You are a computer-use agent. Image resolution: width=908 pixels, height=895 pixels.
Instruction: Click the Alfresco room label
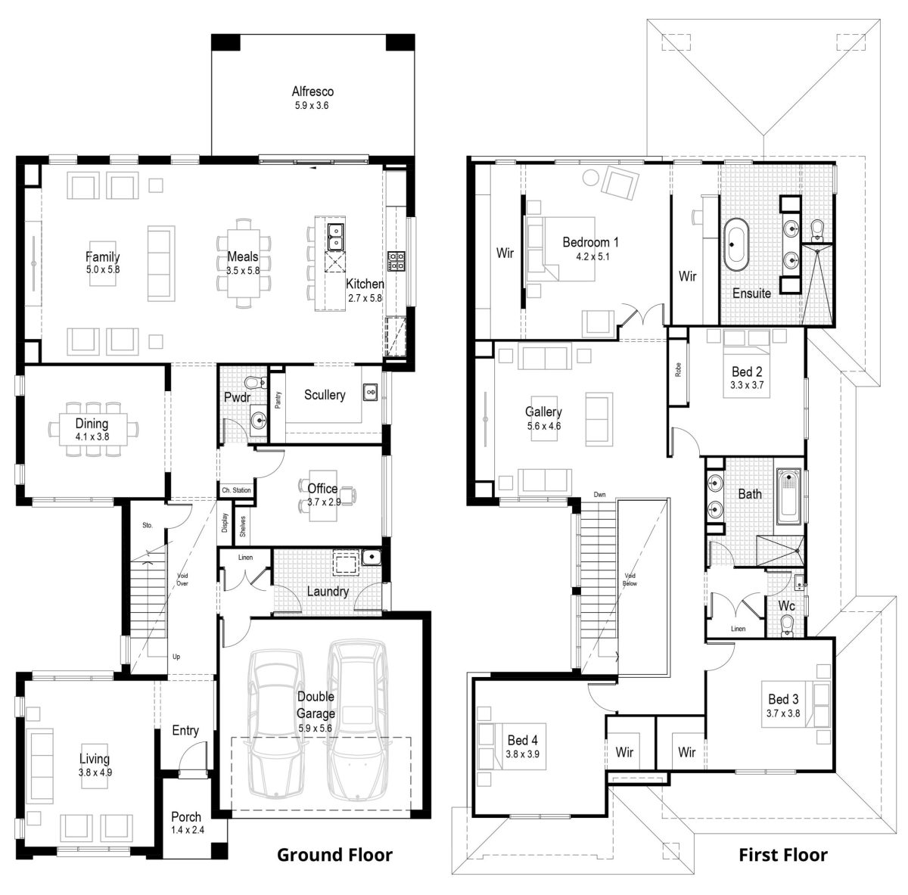click(x=313, y=92)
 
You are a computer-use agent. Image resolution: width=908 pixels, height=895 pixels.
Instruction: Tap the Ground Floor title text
click(x=334, y=855)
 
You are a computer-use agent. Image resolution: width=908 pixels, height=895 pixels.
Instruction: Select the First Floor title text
click(x=782, y=855)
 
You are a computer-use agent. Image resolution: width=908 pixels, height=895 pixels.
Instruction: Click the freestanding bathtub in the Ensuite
click(x=736, y=244)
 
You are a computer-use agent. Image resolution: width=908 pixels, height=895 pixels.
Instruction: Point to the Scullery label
click(x=325, y=394)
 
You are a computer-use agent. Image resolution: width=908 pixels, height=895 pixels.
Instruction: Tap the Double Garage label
click(x=316, y=704)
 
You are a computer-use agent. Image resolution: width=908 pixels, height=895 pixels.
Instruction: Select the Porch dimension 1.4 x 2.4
click(x=185, y=830)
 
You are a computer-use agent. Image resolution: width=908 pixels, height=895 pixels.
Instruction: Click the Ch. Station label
click(x=236, y=490)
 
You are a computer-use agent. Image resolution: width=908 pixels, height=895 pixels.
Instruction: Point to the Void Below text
click(x=630, y=580)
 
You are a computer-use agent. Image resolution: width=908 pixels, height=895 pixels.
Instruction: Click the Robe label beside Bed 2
click(x=679, y=369)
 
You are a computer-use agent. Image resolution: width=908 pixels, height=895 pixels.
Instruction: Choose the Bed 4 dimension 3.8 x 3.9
click(x=523, y=754)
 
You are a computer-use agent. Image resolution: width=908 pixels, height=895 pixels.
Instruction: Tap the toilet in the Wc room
click(x=788, y=623)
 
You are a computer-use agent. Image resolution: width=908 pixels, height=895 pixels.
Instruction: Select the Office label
click(x=322, y=488)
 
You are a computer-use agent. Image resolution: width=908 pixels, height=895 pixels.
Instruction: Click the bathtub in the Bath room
click(x=788, y=496)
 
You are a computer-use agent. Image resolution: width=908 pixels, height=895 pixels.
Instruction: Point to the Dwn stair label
click(x=599, y=495)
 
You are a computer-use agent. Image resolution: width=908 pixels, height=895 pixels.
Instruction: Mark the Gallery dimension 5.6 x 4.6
click(x=543, y=426)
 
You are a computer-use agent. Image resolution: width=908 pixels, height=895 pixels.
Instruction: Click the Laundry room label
click(x=328, y=591)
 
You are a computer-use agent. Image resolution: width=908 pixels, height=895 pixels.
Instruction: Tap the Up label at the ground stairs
click(x=176, y=657)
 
